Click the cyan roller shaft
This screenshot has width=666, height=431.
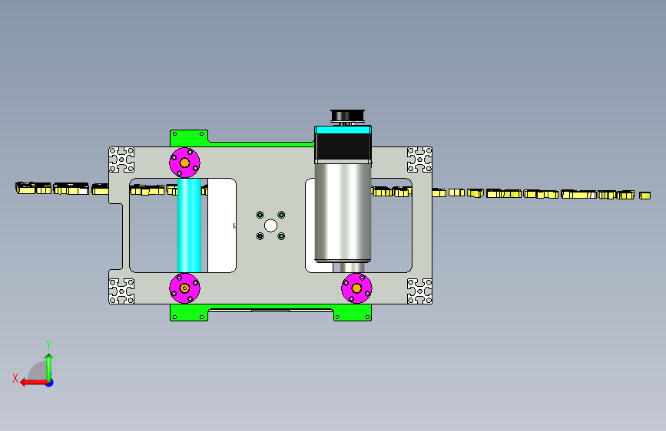coord(189,225)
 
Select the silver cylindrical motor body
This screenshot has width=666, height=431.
coord(343,212)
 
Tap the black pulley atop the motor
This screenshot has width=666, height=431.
coord(347,115)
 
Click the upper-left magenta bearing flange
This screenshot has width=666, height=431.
coord(185,163)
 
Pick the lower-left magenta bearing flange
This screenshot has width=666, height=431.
coord(185,288)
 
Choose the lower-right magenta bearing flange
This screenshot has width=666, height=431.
coord(356,288)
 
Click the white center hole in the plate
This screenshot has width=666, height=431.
coord(270,225)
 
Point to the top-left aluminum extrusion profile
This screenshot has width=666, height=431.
coord(122,160)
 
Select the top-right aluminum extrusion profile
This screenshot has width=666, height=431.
coord(419,160)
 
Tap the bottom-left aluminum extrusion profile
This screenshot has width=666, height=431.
coord(122,291)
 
